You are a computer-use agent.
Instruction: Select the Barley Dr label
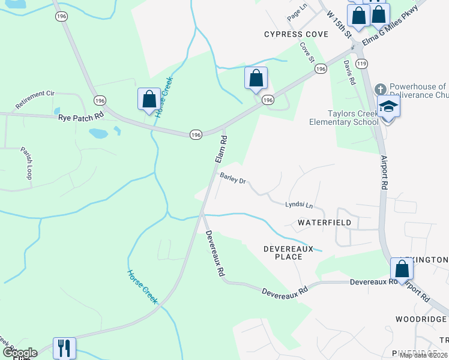click(x=233, y=179)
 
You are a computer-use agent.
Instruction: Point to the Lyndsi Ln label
click(x=299, y=205)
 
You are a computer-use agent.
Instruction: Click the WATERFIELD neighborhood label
click(x=325, y=222)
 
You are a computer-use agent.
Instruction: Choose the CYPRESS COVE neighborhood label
click(x=297, y=34)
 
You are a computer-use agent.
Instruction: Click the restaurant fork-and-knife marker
click(x=64, y=347)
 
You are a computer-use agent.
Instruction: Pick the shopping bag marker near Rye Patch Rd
click(x=149, y=99)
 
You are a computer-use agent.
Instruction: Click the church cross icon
click(x=379, y=89)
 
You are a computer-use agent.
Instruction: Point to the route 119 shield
click(x=361, y=63)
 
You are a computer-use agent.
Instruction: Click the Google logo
click(x=19, y=353)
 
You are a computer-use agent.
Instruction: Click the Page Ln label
click(x=297, y=13)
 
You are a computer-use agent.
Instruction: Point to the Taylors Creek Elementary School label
click(x=344, y=118)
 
